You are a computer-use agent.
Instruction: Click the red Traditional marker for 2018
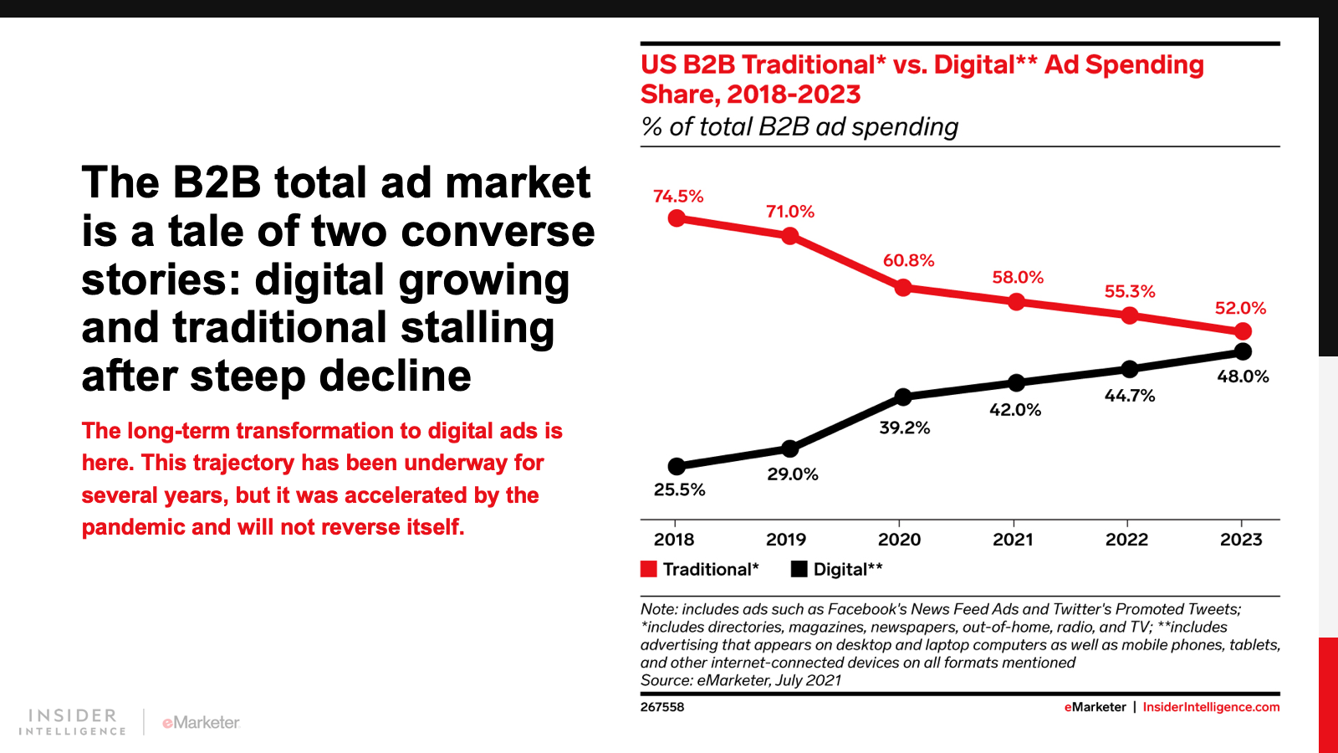tap(677, 218)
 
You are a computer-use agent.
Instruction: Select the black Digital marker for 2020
tap(903, 397)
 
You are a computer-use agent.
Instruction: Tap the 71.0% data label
tap(790, 212)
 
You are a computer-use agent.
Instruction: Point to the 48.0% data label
tap(1243, 376)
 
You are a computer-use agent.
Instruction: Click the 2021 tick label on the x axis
tap(1013, 540)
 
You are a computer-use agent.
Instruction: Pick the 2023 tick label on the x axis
tap(1241, 540)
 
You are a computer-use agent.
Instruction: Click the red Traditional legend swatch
tap(649, 569)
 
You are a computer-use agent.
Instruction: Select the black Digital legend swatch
tap(799, 569)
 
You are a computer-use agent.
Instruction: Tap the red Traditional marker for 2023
tap(1243, 331)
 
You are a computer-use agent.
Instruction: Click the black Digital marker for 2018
tap(677, 466)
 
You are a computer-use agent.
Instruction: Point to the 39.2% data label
tap(904, 428)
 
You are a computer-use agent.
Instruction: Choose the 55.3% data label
tap(1130, 291)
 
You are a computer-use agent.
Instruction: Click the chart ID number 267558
tap(662, 707)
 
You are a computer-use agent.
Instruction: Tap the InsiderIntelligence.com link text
tap(1211, 707)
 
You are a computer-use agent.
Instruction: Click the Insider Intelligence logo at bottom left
tap(72, 721)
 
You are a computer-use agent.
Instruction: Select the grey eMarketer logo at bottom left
tap(202, 722)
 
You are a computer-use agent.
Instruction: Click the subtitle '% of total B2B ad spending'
tap(799, 126)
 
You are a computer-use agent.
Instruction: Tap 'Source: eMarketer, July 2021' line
tap(741, 680)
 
